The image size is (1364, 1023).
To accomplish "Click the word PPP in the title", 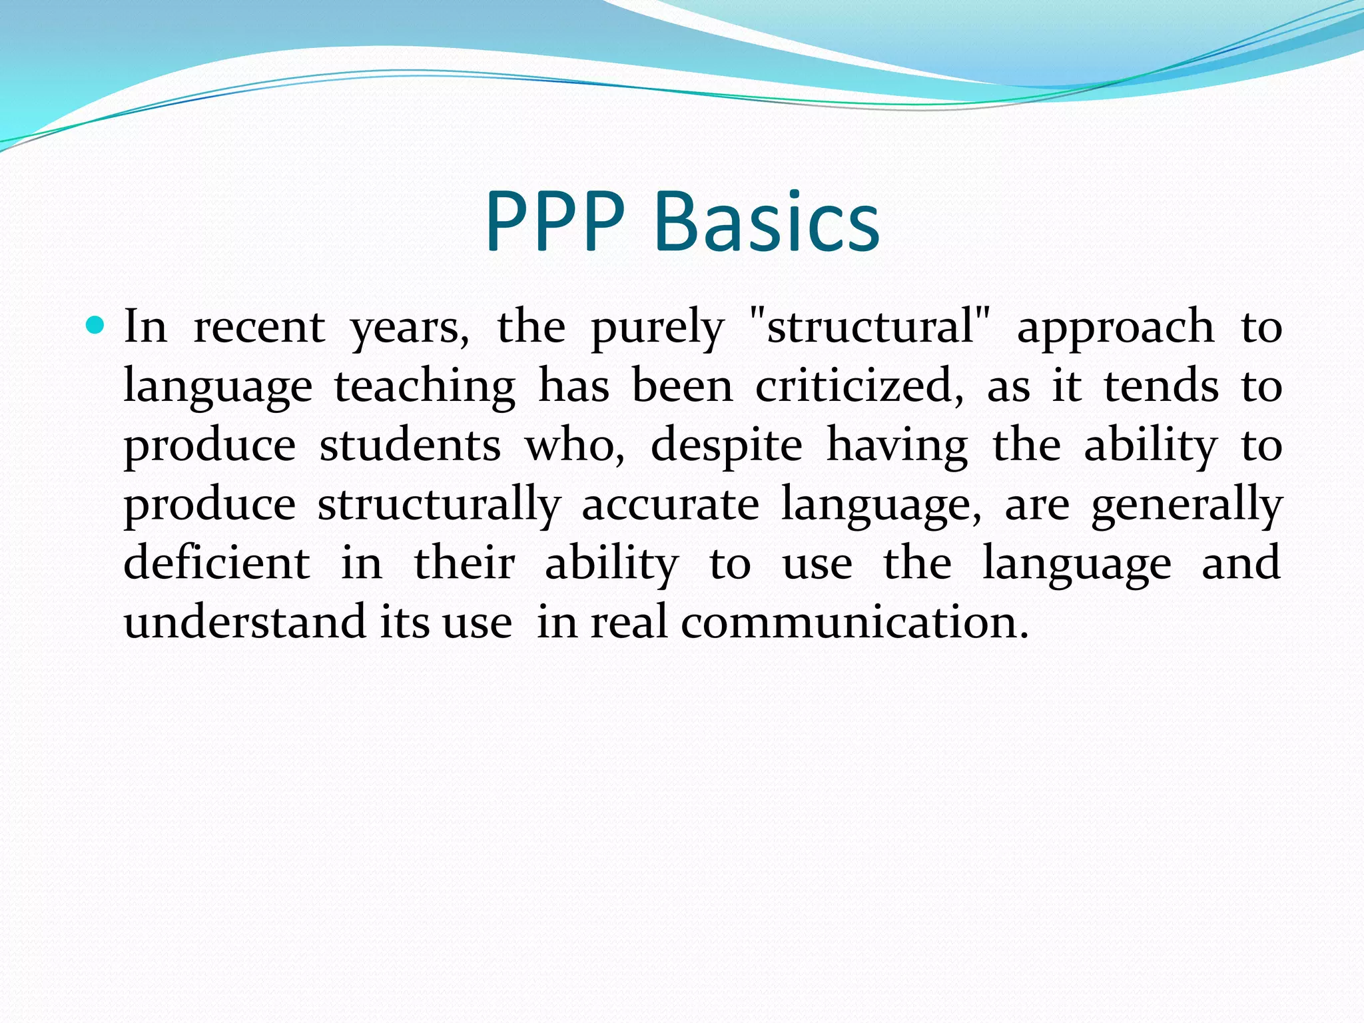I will click(x=555, y=222).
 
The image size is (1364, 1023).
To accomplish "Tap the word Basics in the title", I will click(x=767, y=222).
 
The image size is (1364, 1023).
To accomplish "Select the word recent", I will click(x=259, y=328).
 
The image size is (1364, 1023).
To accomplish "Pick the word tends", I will click(x=1162, y=386).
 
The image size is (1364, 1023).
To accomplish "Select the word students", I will click(x=410, y=445).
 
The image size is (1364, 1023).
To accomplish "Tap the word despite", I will click(x=727, y=446).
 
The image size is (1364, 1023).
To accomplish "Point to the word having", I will click(x=897, y=446).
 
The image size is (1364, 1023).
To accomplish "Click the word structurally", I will click(x=439, y=505).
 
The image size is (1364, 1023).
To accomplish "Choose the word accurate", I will click(x=670, y=504).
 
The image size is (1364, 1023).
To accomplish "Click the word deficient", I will click(x=217, y=563).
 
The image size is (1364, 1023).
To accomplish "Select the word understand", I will click(x=244, y=621).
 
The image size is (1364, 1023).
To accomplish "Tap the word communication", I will click(x=854, y=621).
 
